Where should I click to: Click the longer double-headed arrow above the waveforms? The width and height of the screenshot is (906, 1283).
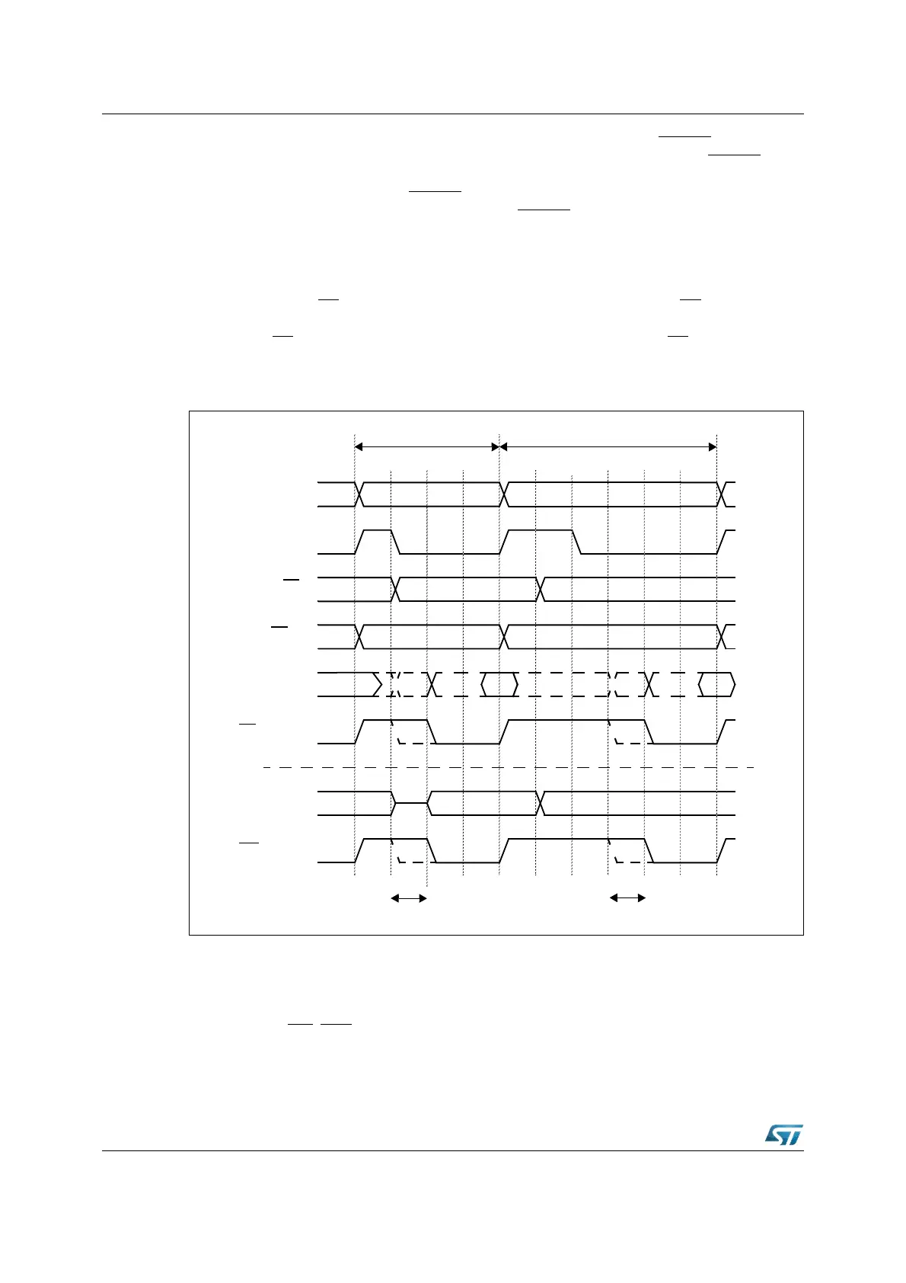click(x=608, y=446)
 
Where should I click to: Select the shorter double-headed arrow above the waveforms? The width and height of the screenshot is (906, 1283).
click(x=426, y=446)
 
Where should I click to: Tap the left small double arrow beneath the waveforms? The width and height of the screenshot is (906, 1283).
click(x=409, y=898)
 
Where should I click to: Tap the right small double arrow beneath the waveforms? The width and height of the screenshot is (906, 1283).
click(x=627, y=898)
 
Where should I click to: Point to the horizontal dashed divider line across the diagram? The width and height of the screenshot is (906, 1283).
click(x=509, y=767)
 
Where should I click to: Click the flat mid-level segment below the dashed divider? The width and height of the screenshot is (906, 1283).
click(x=411, y=803)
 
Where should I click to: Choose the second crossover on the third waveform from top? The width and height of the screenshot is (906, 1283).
click(x=541, y=589)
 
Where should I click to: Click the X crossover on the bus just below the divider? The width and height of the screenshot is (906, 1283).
click(x=541, y=803)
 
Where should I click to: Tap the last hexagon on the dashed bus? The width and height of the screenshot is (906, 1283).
click(x=716, y=684)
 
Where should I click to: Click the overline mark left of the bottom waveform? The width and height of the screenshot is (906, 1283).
click(x=249, y=843)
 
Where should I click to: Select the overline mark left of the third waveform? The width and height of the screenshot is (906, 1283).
click(x=292, y=580)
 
